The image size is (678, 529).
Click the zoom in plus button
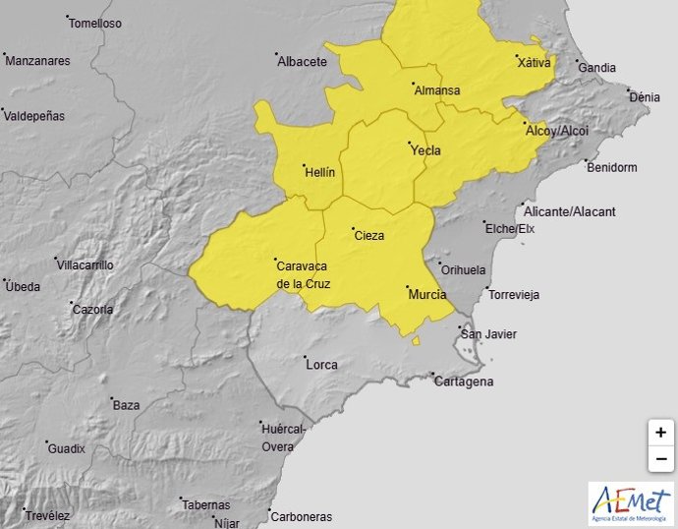660,433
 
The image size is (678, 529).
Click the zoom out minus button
660,458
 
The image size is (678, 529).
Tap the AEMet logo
631,501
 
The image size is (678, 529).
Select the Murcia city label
426,294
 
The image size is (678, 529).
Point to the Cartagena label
464,382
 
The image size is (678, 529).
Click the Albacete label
302,61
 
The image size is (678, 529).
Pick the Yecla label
424,150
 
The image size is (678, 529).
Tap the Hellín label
320,171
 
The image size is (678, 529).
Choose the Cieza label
368,235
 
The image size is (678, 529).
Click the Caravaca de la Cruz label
303,274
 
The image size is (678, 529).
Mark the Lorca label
321,364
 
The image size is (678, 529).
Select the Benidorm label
611,167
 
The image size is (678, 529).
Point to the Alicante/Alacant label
570,211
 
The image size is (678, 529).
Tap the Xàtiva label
534,62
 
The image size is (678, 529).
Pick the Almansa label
437,90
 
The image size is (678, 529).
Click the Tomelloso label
95,23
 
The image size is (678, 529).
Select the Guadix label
67,448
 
